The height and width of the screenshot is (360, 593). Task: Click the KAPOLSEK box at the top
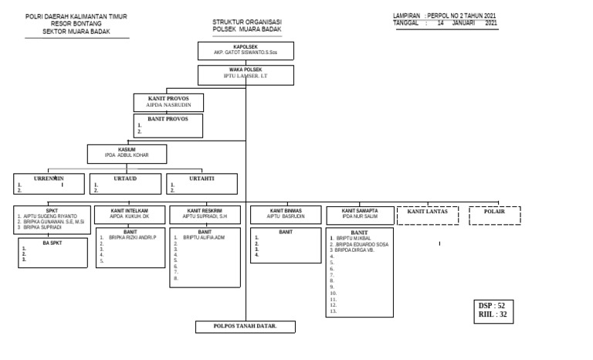245,51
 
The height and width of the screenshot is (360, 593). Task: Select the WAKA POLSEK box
246,74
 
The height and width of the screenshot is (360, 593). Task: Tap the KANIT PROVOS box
168,103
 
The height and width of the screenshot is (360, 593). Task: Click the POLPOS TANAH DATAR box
245,327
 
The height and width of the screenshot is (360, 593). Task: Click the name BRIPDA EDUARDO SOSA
360,245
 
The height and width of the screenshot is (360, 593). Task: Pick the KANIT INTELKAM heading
129,210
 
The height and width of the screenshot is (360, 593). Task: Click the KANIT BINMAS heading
286,210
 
